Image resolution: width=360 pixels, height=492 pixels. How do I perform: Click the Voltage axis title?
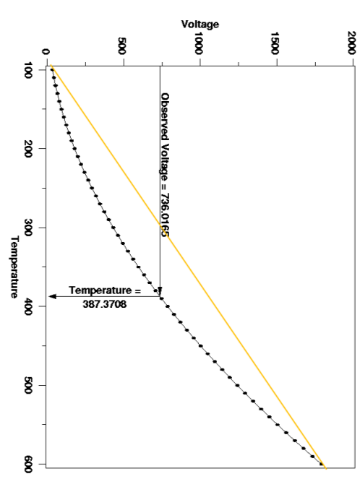click(x=200, y=25)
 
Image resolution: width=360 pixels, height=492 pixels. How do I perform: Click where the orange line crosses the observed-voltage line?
click(x=160, y=220)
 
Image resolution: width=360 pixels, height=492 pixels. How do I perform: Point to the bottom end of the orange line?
click(x=325, y=468)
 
